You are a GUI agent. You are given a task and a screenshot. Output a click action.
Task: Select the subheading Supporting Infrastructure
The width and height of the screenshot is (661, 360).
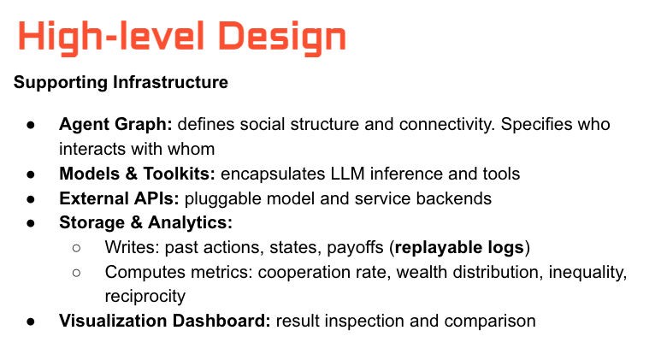coord(121,83)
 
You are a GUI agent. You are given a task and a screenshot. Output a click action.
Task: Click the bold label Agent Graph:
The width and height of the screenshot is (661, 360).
coord(115,124)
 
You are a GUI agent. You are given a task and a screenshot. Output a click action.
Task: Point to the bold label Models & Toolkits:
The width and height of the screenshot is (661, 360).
coord(138,174)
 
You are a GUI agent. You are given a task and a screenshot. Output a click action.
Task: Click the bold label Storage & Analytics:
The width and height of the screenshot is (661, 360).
coord(146,223)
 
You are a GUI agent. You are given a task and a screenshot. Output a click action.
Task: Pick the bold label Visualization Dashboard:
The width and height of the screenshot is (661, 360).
coord(165,322)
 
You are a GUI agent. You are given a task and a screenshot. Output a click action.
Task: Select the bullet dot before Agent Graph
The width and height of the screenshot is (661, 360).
coord(31,125)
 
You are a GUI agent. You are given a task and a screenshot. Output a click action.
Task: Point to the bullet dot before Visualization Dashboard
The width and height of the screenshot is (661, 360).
coord(31,322)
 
